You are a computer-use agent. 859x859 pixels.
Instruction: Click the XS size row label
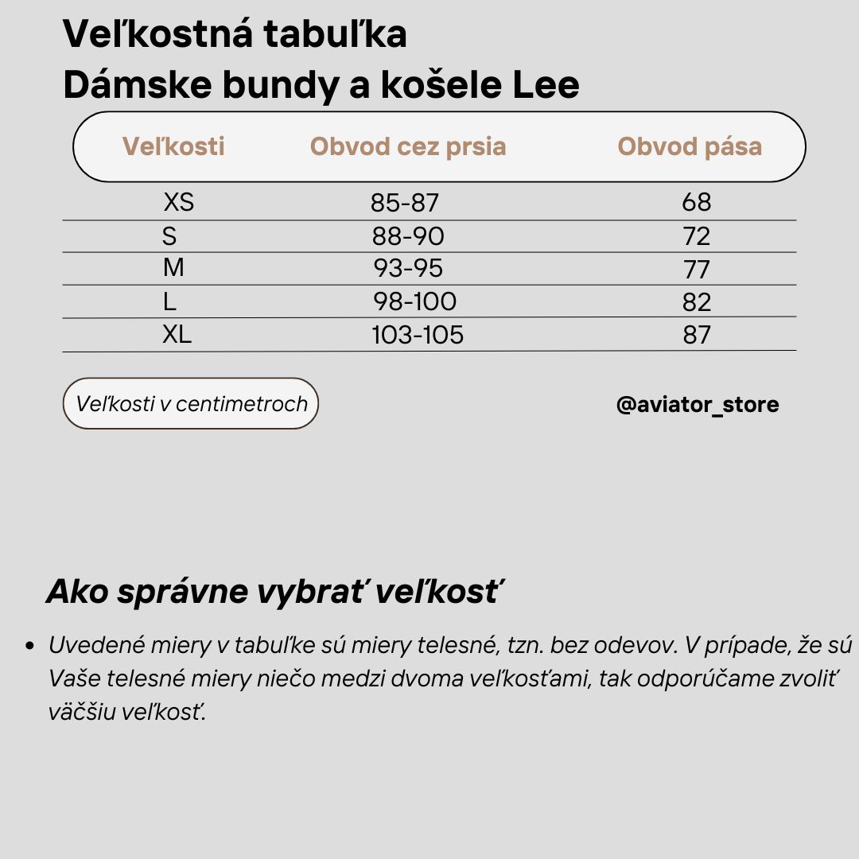click(178, 202)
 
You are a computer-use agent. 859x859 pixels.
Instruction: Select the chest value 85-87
click(404, 203)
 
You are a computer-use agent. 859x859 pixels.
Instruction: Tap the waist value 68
click(696, 202)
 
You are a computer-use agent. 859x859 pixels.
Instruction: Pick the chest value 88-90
click(408, 236)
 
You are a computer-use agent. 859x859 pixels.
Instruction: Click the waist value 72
click(696, 236)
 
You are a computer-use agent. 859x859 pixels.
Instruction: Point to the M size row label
click(173, 268)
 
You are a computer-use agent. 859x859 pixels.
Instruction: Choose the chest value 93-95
click(408, 269)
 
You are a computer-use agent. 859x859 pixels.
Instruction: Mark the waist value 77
click(696, 270)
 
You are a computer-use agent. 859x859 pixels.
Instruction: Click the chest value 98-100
click(414, 301)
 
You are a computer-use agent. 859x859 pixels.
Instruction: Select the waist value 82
click(696, 302)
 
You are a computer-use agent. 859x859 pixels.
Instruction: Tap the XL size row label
click(177, 334)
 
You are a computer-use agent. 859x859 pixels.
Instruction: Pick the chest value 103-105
click(418, 335)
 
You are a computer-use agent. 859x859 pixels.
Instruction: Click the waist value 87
click(696, 335)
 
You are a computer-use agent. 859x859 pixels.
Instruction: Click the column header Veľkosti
click(173, 146)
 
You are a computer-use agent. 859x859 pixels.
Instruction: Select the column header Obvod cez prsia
click(408, 146)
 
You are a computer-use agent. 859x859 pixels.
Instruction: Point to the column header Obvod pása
click(690, 146)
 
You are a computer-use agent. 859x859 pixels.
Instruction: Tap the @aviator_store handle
click(698, 405)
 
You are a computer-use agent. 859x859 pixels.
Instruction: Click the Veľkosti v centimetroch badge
click(191, 403)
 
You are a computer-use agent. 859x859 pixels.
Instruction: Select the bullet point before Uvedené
click(29, 646)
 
